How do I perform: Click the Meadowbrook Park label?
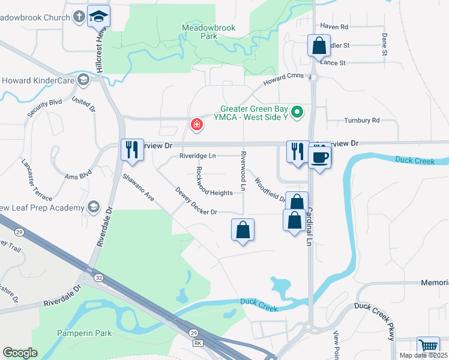coord(209,32)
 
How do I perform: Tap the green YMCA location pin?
coord(296,112)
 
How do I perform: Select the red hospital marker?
coord(196,125)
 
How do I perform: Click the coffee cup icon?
coord(319,157)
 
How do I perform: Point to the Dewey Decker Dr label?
coord(196,203)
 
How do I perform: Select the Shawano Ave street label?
coord(139,187)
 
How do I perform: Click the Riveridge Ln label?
coord(198,156)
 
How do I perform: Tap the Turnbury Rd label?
coord(362,121)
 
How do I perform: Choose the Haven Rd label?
coord(334,27)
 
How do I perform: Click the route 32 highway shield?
coord(98,278)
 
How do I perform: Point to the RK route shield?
coord(197,343)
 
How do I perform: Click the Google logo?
coord(20,353)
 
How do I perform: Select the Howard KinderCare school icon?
coord(82,80)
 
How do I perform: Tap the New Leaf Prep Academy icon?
coord(93,208)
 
